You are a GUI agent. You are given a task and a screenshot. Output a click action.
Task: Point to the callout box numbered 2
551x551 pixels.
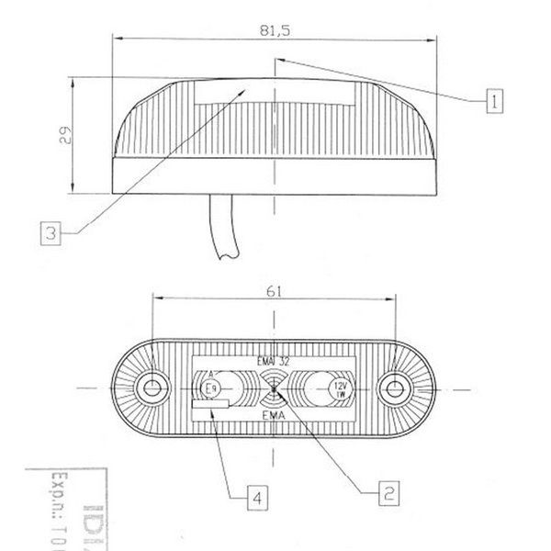tap(389, 493)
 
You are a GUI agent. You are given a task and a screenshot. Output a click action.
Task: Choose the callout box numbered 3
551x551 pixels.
tap(52, 233)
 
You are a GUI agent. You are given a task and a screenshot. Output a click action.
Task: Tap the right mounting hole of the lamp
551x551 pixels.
tap(396, 387)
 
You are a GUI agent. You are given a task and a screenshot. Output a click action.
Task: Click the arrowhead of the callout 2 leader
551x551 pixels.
tap(275, 392)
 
